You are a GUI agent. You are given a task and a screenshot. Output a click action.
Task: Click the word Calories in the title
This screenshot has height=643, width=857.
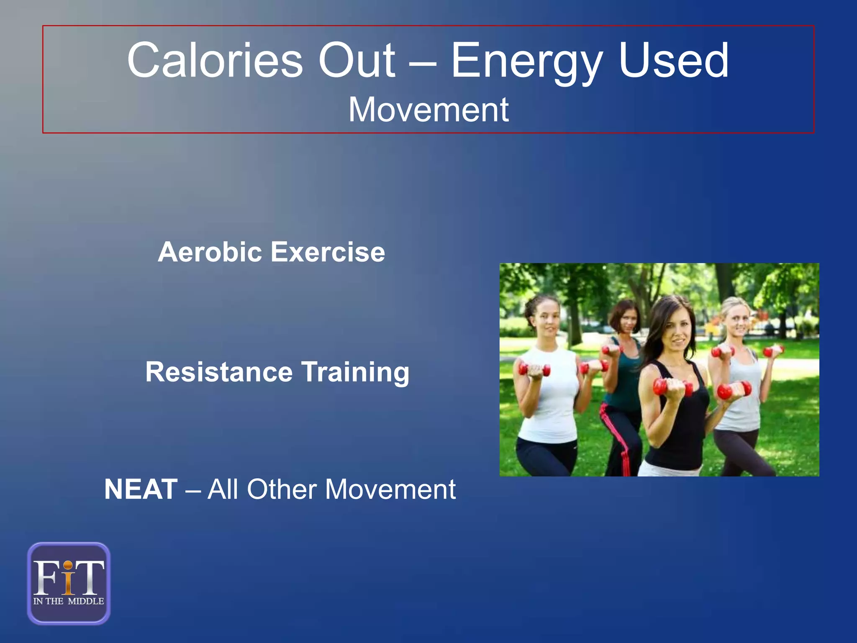coord(215,61)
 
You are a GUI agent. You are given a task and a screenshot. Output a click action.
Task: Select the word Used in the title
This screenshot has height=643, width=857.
coord(673,61)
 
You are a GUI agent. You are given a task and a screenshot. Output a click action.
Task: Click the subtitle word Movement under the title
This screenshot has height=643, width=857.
coord(428,110)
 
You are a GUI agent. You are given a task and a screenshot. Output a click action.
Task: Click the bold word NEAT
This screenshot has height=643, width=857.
coord(141,489)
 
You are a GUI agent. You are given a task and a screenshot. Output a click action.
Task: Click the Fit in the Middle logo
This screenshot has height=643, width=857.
coord(69,583)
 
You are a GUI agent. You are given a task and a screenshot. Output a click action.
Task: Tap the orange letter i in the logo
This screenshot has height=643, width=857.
coord(69,579)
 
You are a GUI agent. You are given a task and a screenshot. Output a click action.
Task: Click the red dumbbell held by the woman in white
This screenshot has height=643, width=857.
coord(534,370)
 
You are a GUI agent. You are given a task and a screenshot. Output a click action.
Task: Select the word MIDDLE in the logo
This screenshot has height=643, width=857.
coord(86,601)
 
